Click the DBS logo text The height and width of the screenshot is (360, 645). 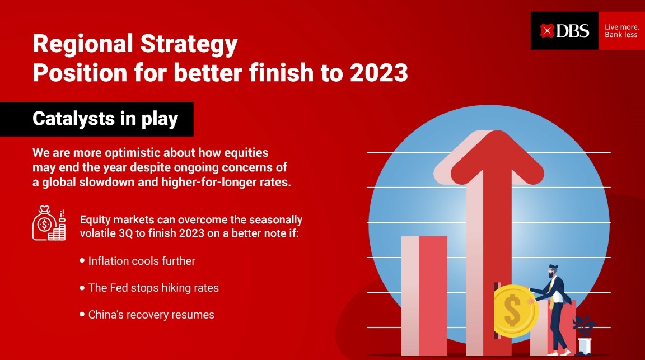[x=573, y=31]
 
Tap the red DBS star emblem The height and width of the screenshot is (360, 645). [x=547, y=31]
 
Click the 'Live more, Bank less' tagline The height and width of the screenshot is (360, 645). [x=621, y=31]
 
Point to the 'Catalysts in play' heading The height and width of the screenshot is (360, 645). [x=105, y=119]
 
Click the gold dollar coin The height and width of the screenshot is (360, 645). [x=514, y=311]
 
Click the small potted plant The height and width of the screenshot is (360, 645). [x=584, y=335]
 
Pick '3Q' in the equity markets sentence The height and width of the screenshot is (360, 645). [x=125, y=233]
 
